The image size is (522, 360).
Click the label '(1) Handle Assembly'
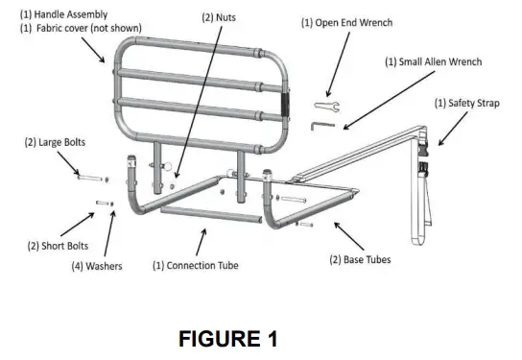click(63, 14)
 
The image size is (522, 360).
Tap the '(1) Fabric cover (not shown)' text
click(80, 29)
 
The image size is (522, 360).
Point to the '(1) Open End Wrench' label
click(346, 22)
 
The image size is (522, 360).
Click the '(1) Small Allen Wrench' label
click(433, 61)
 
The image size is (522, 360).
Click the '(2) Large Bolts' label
click(55, 142)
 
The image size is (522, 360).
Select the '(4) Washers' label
click(97, 266)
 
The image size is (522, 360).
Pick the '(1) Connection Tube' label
click(196, 266)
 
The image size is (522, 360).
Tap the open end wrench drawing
click(323, 105)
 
